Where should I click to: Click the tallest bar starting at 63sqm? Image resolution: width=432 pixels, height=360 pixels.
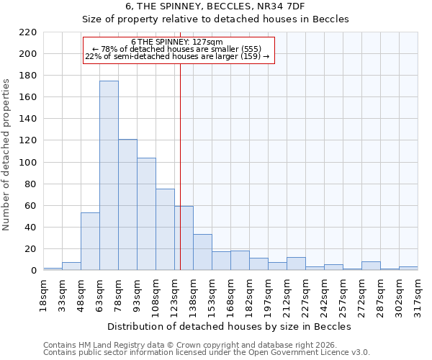pos(109,176)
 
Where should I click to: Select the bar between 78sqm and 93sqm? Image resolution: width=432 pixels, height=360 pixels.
pos(127,204)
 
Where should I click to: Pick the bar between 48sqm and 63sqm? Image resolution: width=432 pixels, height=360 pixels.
pos(90,241)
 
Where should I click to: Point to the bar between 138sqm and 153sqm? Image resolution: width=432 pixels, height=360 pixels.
pos(202,252)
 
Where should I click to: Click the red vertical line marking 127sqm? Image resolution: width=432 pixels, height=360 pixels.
pos(180,166)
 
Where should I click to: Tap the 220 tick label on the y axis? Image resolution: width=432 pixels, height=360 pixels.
pos(27,32)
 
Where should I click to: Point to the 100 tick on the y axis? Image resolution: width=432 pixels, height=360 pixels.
pos(27,163)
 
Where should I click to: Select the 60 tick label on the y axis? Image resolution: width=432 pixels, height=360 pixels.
pos(30,206)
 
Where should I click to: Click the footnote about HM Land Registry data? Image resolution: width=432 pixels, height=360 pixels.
pos(195,345)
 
